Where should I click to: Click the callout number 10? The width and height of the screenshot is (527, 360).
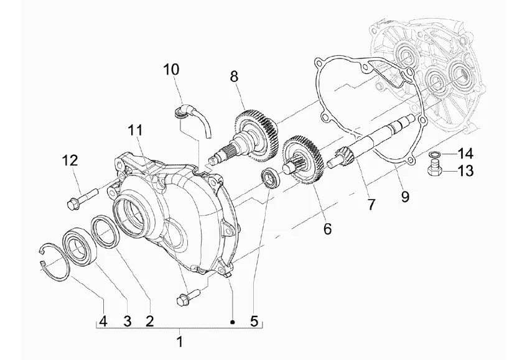point(171,70)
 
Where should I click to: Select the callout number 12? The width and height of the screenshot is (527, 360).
point(70,160)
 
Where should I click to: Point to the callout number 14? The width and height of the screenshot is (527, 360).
point(465,154)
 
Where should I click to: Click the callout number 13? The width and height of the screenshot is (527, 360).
point(465,171)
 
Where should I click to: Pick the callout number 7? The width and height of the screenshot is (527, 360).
point(371,204)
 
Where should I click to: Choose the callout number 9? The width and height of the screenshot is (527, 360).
point(406,196)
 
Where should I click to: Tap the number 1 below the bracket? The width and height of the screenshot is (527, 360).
point(180,341)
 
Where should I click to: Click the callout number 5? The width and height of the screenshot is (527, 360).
point(254,321)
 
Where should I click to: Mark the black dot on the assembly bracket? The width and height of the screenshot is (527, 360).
point(232,323)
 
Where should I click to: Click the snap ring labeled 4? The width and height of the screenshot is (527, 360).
point(53,261)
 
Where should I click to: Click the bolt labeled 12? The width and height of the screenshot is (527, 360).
point(82,199)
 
